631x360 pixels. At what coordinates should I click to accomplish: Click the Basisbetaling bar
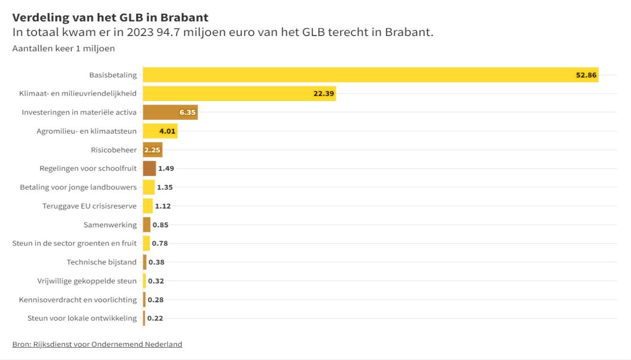(370, 75)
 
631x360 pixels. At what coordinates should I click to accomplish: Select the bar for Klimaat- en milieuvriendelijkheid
(239, 94)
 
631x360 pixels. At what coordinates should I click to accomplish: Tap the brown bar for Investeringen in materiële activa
(170, 112)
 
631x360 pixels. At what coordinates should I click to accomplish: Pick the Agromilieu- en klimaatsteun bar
(160, 131)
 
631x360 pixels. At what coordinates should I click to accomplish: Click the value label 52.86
(586, 75)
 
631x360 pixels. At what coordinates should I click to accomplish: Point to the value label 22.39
(324, 94)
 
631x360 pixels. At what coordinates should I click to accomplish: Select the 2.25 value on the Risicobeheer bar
(152, 150)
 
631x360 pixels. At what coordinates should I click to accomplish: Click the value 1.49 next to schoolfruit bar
(166, 169)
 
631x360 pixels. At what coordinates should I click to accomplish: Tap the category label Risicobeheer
(114, 150)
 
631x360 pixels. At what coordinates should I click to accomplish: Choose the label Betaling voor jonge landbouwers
(78, 187)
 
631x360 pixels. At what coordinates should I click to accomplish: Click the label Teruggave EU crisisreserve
(90, 206)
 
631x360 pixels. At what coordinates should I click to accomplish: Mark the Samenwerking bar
(146, 225)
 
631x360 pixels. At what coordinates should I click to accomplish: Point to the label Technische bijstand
(102, 262)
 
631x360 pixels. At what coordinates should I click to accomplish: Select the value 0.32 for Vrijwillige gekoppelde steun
(156, 281)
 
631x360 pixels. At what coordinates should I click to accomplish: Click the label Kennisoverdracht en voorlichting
(78, 300)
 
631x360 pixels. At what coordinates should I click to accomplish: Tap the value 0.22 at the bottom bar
(155, 319)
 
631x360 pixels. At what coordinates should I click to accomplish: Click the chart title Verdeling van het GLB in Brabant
(110, 18)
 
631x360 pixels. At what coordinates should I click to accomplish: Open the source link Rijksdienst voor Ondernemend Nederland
(97, 344)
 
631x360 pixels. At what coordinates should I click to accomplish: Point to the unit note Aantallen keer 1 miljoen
(64, 48)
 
